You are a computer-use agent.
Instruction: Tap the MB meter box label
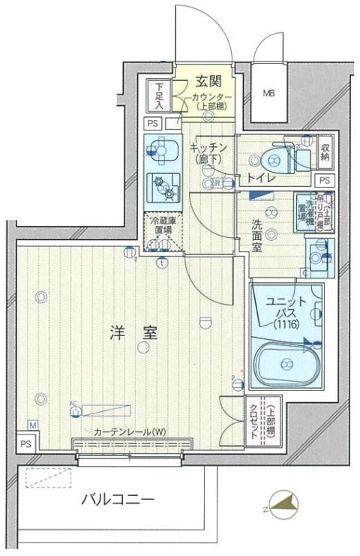(268, 94)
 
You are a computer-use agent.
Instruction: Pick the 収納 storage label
(325, 152)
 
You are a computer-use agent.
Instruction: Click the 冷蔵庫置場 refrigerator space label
(163, 226)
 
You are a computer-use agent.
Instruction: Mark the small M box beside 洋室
(32, 425)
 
